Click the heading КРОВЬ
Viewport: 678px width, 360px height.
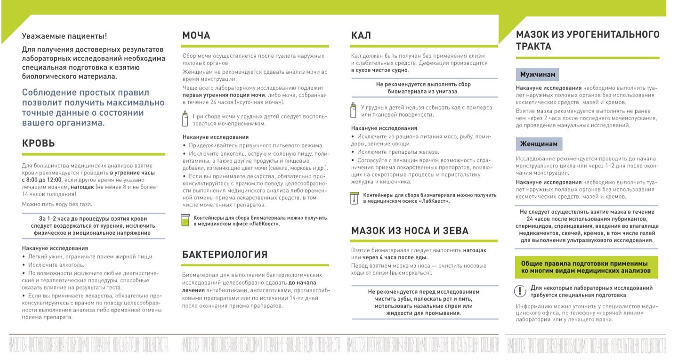(39, 144)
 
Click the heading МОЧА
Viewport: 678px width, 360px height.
(196, 36)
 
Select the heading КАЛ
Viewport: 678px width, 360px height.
(361, 36)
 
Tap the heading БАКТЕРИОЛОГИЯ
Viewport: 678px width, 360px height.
(225, 255)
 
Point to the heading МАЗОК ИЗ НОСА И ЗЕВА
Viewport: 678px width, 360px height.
(410, 231)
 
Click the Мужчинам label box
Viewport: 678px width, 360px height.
(538, 74)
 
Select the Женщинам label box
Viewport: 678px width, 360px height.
(539, 144)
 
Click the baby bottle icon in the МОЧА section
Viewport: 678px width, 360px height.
(186, 119)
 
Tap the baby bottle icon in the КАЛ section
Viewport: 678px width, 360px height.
(354, 110)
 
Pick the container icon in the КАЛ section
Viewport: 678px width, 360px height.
(354, 198)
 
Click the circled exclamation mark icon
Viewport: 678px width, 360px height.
(519, 291)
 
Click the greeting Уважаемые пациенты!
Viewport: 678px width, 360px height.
(65, 36)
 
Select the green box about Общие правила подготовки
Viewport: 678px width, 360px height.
(586, 267)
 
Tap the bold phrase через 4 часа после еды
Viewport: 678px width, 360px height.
(395, 257)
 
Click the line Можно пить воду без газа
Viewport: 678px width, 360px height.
(57, 204)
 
